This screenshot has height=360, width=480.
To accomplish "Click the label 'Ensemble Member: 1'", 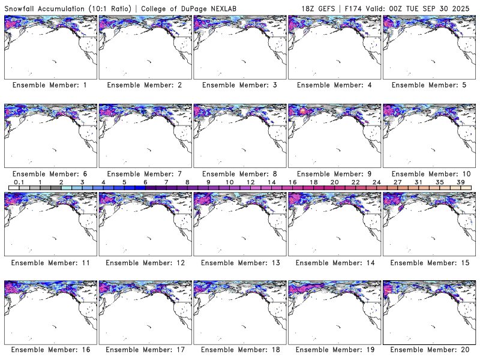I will (50, 85).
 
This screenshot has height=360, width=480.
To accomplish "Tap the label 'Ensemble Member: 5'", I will (428, 85).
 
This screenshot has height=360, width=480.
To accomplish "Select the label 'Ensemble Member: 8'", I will (239, 174).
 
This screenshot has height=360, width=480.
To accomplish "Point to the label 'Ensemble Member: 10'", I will (428, 174).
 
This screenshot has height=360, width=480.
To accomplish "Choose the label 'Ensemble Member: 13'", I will (239, 263).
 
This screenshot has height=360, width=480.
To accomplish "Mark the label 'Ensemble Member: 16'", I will (50, 350).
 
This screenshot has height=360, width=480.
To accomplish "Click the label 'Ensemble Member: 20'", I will (428, 350).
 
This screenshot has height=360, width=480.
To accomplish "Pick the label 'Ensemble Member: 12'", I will (144, 263).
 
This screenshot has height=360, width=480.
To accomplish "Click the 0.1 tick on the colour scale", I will (19, 182).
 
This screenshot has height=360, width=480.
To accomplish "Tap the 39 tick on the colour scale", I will (461, 182).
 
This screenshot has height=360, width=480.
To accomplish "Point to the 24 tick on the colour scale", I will (377, 182).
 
